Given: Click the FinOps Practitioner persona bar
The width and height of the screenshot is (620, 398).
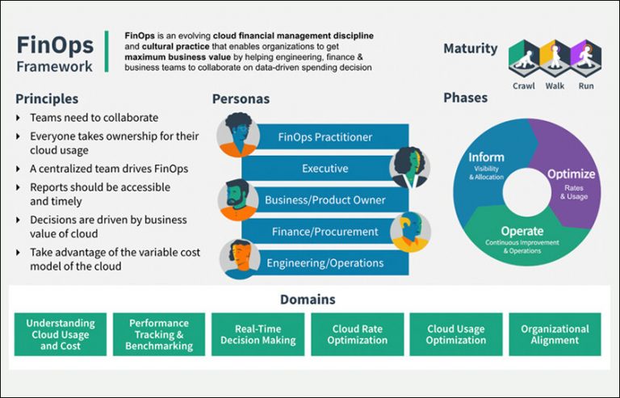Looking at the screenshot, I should [325, 137].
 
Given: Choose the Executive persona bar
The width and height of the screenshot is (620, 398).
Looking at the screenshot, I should [325, 169].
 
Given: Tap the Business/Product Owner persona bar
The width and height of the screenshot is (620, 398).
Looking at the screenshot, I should [325, 200].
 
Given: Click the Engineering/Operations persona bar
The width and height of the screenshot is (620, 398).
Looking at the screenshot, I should [325, 263].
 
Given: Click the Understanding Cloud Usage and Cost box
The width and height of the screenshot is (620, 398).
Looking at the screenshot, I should [60, 334].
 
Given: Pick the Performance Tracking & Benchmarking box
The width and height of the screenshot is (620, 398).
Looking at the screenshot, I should [159, 334].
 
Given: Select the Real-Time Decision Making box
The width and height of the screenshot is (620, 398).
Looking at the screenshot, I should [258, 334].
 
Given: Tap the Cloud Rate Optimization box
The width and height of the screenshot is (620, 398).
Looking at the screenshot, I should [357, 334].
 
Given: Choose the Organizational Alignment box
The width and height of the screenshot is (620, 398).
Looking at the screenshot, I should [555, 334].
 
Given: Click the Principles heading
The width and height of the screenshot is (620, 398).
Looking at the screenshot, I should [47, 98].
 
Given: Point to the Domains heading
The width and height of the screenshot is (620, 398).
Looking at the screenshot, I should [308, 300].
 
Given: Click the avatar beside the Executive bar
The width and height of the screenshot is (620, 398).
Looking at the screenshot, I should [410, 167].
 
